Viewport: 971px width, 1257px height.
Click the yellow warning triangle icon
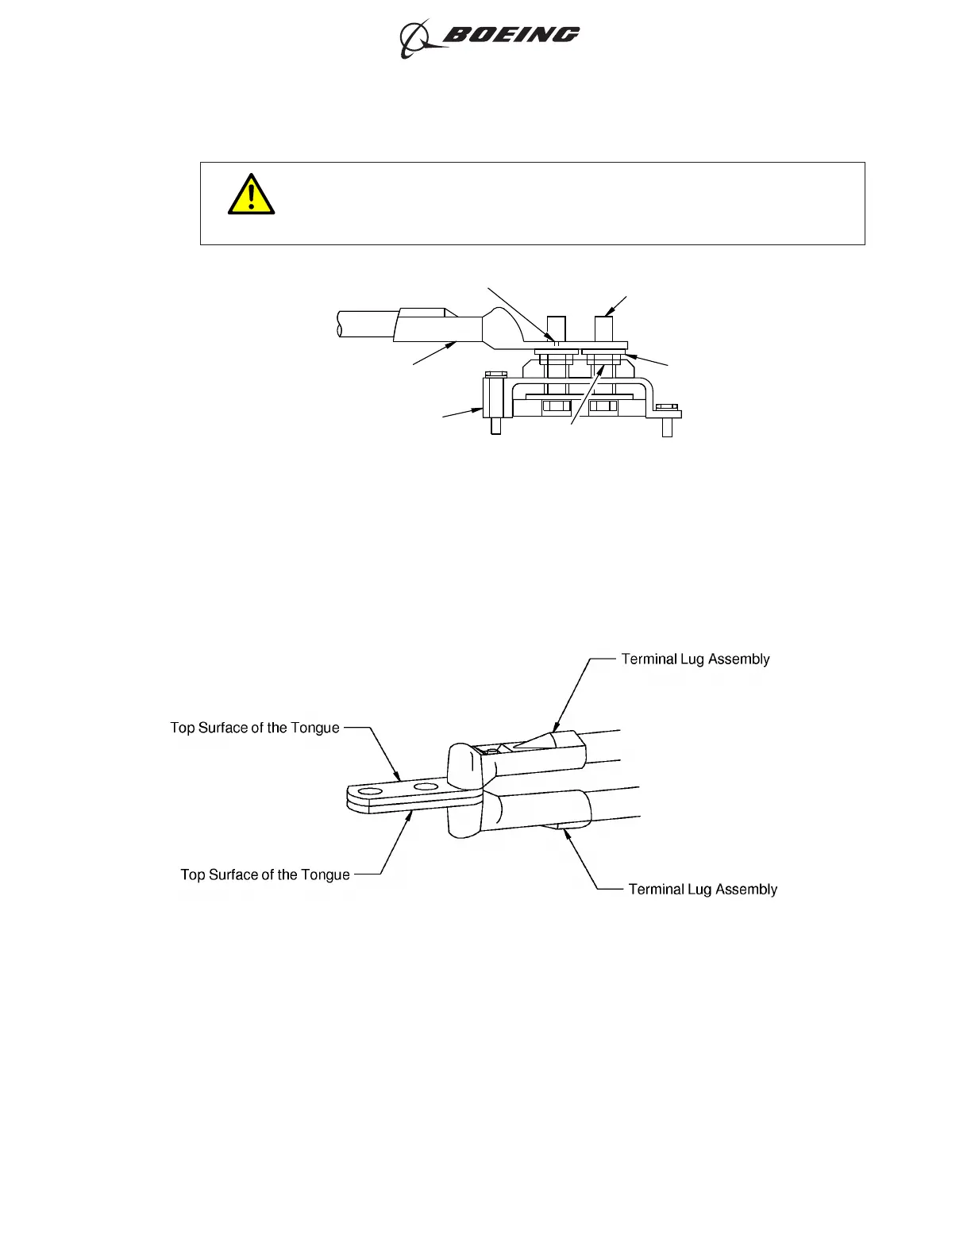point(251,194)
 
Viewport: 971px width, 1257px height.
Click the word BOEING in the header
point(510,34)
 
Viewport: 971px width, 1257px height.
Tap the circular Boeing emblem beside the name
point(414,39)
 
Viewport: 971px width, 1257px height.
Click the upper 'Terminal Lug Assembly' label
point(695,659)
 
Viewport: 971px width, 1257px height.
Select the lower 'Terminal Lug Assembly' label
point(702,889)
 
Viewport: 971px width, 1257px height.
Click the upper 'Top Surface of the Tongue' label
point(255,728)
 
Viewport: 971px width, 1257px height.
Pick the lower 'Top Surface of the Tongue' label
point(265,875)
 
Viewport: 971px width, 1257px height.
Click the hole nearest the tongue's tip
point(366,791)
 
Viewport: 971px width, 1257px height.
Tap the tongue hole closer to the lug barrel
point(426,787)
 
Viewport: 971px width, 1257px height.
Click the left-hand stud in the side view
point(557,329)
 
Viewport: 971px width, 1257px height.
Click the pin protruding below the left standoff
point(495,428)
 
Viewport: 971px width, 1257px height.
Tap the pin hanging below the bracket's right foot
point(667,427)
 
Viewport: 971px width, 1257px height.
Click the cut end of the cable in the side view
point(339,324)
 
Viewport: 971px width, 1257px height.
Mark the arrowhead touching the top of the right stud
point(609,314)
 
